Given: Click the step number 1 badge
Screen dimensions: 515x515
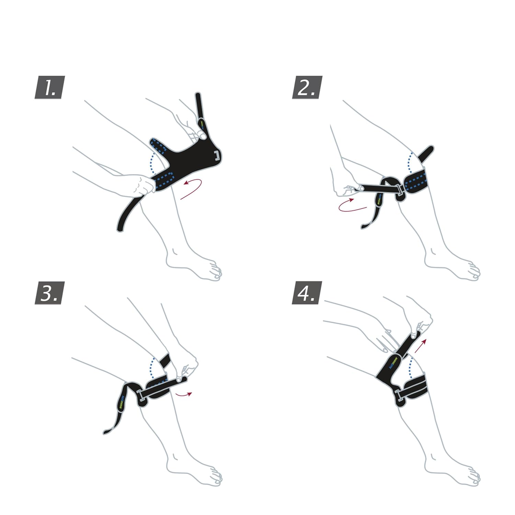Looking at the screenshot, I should click(x=50, y=88).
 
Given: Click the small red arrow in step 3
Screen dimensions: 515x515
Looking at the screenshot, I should click(x=183, y=395).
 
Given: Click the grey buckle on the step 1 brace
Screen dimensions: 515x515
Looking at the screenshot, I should click(x=217, y=155).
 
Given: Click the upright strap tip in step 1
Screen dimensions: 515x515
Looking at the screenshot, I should click(x=198, y=98).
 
